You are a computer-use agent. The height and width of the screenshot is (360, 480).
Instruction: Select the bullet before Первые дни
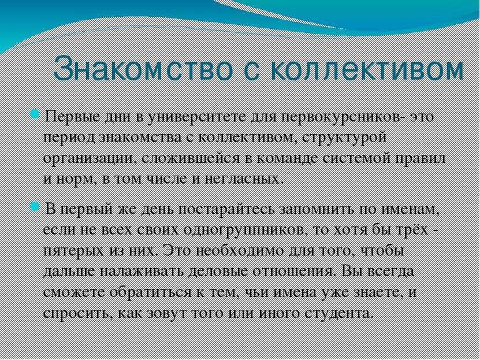tap(35, 115)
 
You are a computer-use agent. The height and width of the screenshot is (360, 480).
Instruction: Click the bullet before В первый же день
tap(35, 207)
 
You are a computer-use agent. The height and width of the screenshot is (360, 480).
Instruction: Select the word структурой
tap(344, 138)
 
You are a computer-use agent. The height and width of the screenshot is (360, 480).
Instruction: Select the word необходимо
tap(239, 251)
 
